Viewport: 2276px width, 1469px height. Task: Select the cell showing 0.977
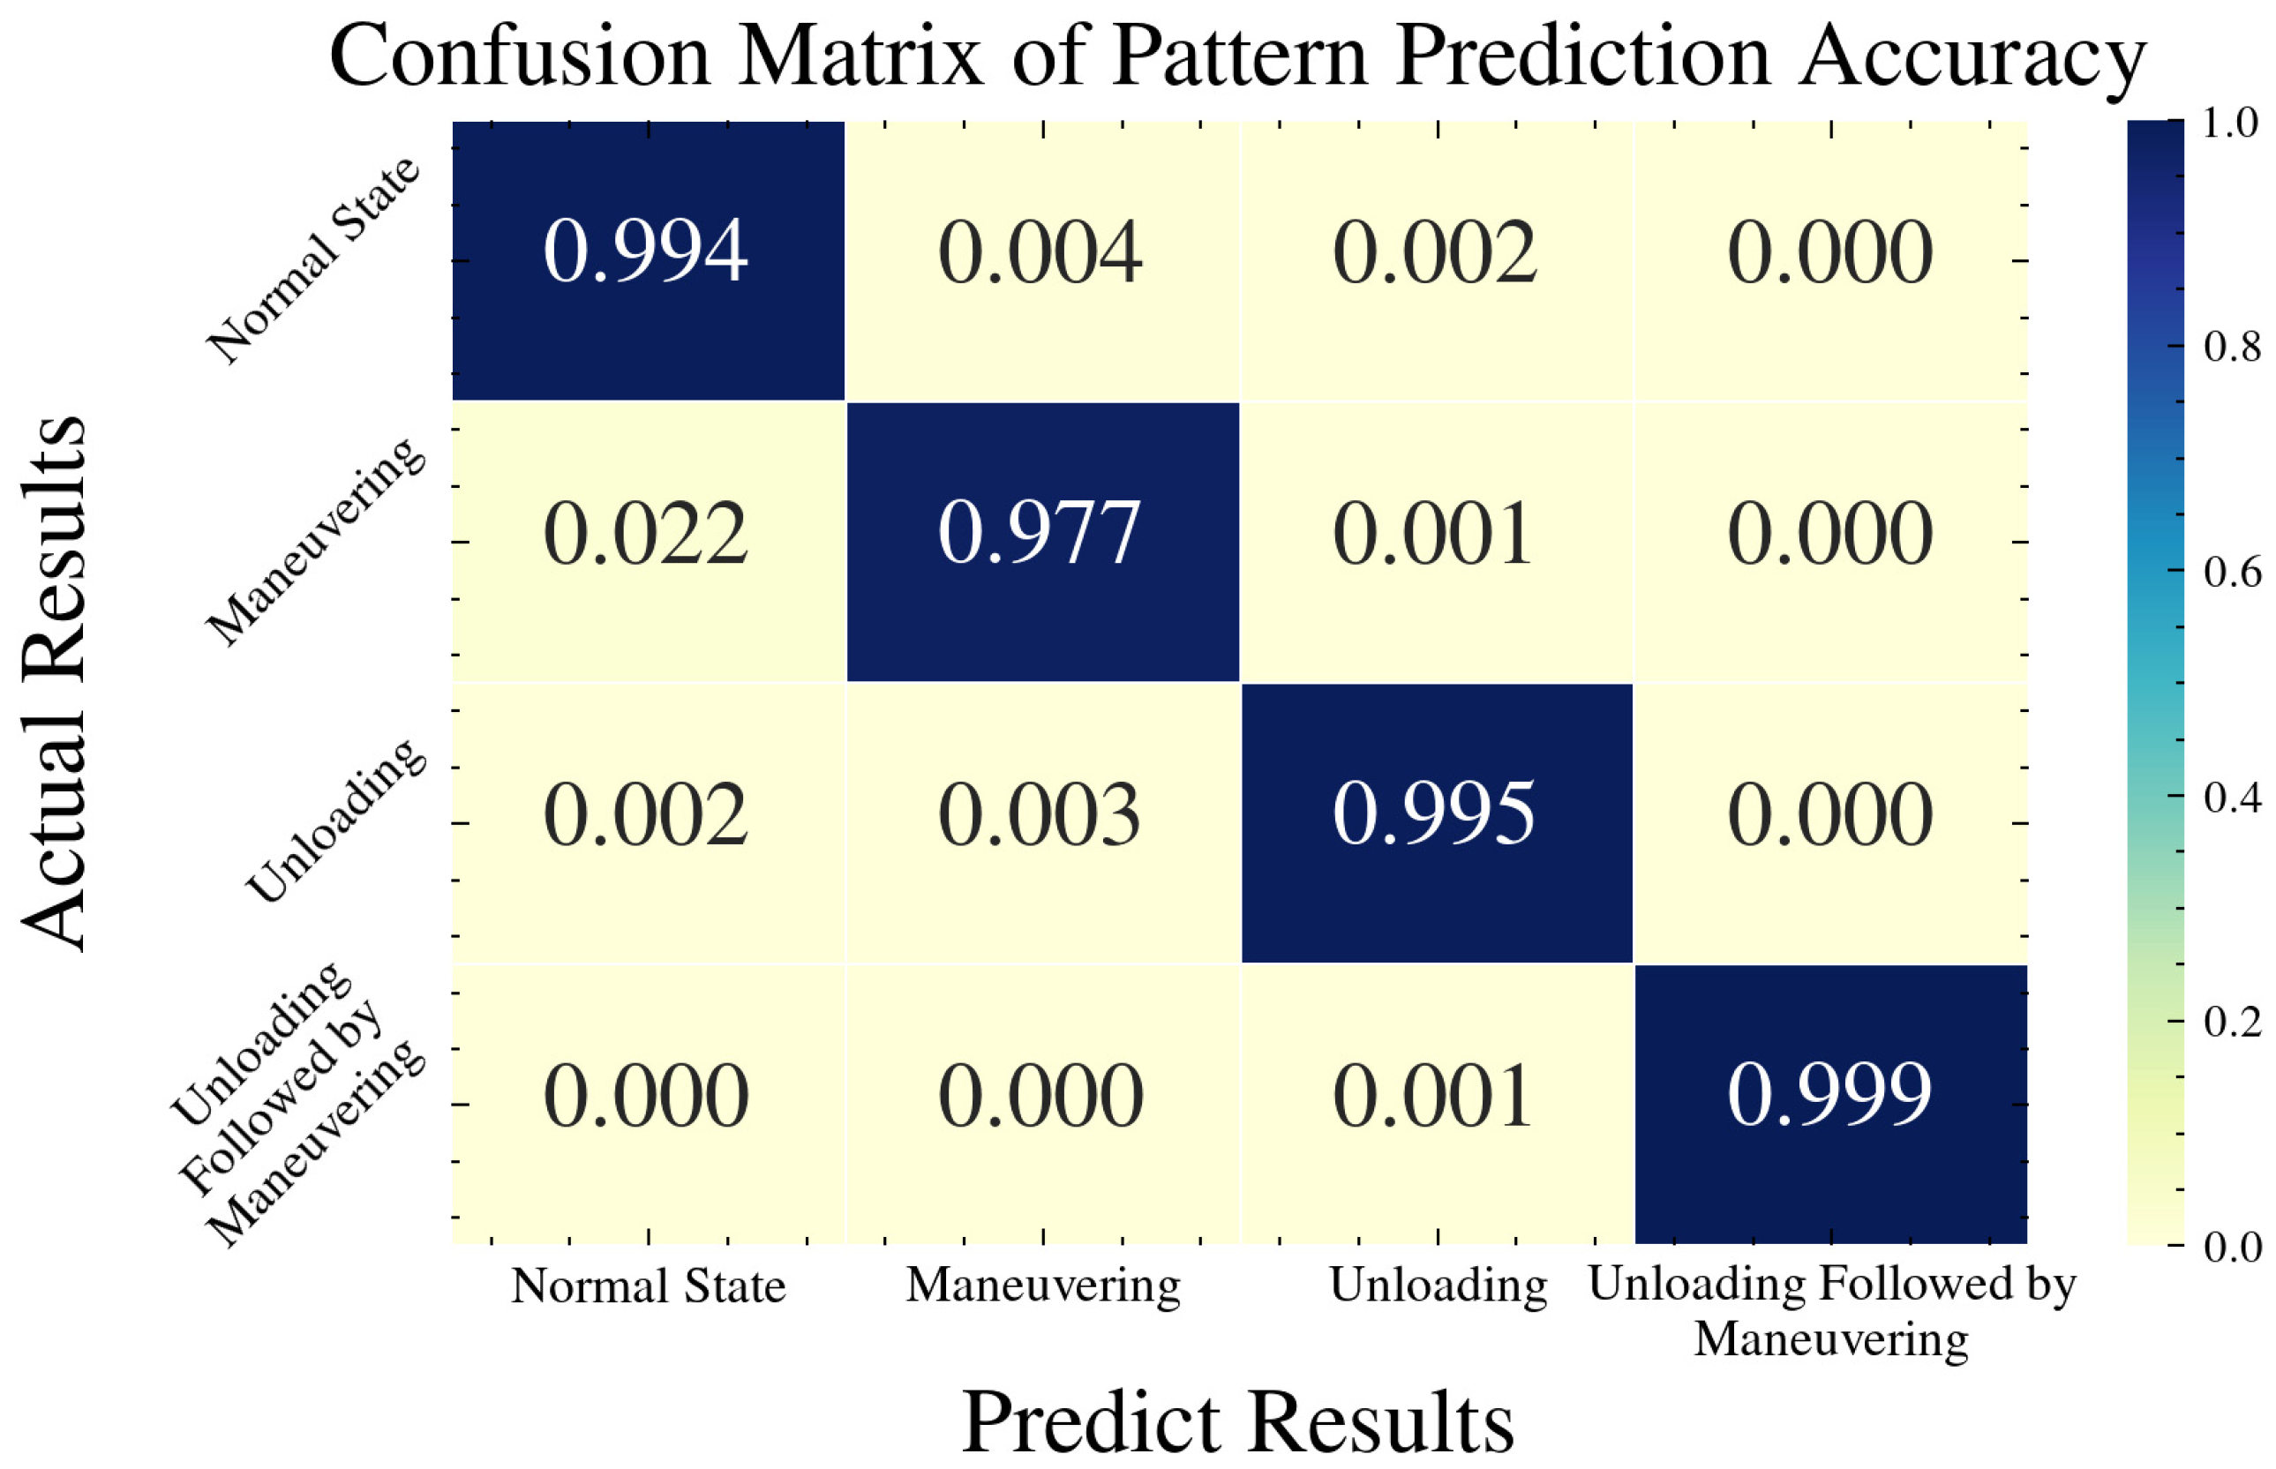click(x=1040, y=533)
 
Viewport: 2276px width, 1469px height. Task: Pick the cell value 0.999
click(x=1829, y=1095)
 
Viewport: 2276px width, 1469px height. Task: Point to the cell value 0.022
click(x=646, y=534)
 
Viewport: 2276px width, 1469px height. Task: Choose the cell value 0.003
click(x=1040, y=814)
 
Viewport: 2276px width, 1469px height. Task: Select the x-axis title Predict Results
click(x=1237, y=1422)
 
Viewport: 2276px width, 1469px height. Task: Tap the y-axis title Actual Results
click(x=56, y=683)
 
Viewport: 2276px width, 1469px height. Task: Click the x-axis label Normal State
click(x=648, y=1286)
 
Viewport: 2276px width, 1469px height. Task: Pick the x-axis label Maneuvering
click(x=1042, y=1286)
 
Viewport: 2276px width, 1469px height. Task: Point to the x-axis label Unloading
click(x=1438, y=1286)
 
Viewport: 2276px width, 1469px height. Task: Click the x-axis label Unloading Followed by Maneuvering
click(x=1831, y=1312)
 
